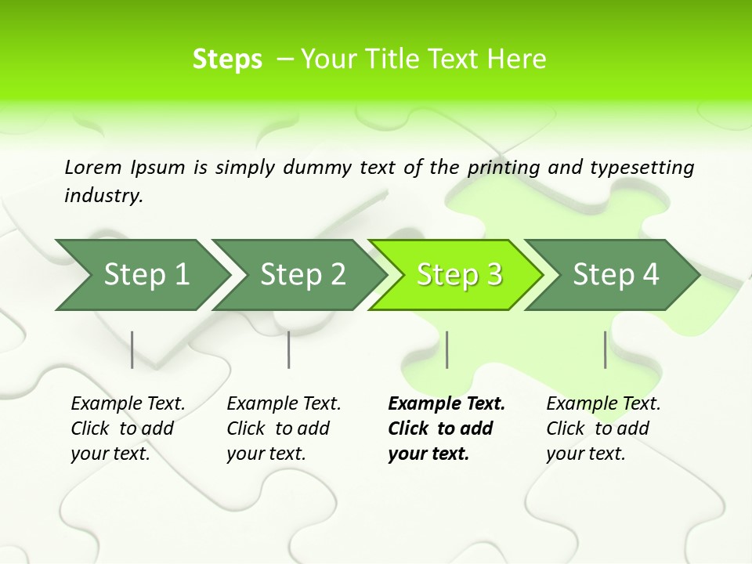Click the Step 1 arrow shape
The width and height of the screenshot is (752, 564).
(x=141, y=275)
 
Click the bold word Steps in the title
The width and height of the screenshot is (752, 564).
(x=227, y=60)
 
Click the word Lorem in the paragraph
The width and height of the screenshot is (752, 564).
(x=93, y=168)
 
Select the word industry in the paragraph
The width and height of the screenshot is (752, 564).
(x=103, y=196)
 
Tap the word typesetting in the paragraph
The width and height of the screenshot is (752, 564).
(x=642, y=168)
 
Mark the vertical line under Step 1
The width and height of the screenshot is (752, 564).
(x=132, y=349)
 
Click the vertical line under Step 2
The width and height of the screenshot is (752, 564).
(x=289, y=349)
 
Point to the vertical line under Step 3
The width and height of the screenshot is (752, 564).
(x=446, y=349)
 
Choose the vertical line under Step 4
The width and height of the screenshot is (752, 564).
(x=606, y=349)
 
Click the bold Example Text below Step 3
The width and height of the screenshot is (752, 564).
(x=446, y=404)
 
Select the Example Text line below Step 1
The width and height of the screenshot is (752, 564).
(x=128, y=404)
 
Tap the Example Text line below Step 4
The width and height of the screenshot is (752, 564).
(x=603, y=404)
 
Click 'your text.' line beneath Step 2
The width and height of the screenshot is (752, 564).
(x=266, y=454)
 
